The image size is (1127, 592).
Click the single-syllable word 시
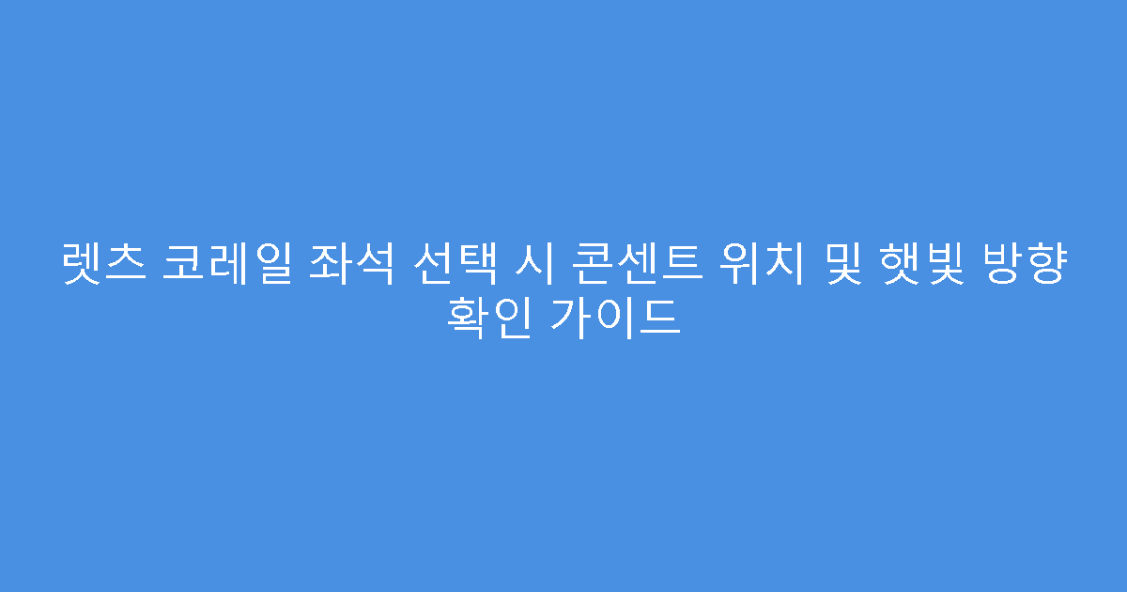coord(522,266)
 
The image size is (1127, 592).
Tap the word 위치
coord(742,266)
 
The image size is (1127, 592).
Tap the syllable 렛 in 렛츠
coord(83,266)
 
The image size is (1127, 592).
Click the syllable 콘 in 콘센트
coord(578,266)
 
